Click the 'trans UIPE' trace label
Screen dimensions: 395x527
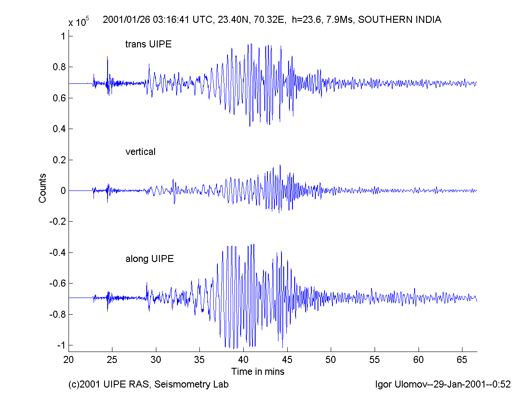(x=148, y=44)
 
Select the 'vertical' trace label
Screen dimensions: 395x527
(x=141, y=152)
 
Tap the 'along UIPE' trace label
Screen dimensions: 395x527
(x=150, y=259)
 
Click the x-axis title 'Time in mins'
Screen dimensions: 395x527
(x=258, y=372)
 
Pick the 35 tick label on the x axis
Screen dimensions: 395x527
(x=200, y=359)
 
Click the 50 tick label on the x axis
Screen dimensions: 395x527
(x=331, y=359)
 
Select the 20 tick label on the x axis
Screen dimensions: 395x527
(x=69, y=359)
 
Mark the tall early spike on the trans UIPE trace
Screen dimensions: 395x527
(x=107, y=57)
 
